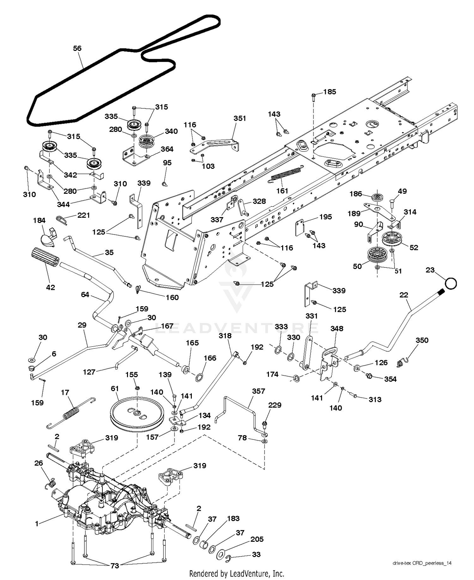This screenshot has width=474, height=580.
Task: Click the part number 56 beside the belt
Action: click(x=77, y=48)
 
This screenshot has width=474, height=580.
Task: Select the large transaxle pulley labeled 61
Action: click(x=137, y=414)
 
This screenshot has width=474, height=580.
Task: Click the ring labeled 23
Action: click(x=451, y=283)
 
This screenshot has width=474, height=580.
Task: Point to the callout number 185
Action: click(x=330, y=92)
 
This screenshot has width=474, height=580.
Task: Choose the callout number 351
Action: click(x=240, y=118)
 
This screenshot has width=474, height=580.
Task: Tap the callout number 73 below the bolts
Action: click(x=115, y=566)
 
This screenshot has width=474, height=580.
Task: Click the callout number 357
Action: click(x=258, y=391)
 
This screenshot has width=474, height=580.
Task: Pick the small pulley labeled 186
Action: click(x=377, y=198)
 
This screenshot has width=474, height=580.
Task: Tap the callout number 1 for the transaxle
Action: click(x=37, y=524)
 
